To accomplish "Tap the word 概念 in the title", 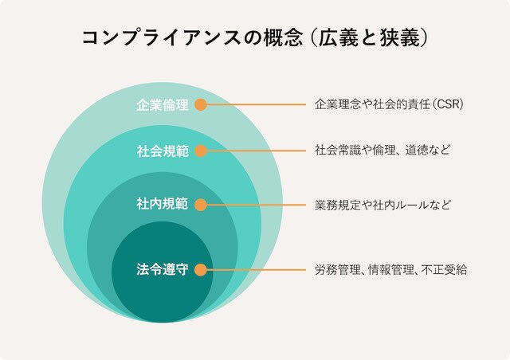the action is pos(283,38).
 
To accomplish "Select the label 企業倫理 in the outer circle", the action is pos(163,104).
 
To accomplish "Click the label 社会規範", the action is pos(163,151).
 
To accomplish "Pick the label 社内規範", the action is pos(163,204).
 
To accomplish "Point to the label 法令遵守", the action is pos(163,269).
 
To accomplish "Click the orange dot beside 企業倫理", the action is pos(201,104).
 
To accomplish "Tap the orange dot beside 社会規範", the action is pos(201,151).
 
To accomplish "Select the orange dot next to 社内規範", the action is pos(201,205).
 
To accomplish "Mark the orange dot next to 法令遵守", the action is pos(201,269).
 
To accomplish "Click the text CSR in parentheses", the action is pos(448,104).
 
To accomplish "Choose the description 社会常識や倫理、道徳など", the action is pos(382,151).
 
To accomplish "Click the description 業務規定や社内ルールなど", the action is pos(382,205).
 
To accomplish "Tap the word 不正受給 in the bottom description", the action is pos(444,269).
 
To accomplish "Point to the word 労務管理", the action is pos(338,269).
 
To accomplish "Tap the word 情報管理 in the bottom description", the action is pos(391,269).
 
